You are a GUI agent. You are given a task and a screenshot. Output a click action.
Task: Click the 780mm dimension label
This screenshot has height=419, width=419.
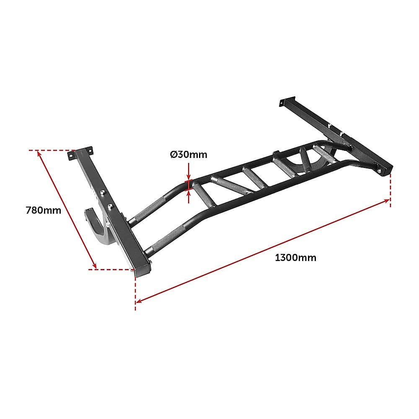click(x=44, y=210)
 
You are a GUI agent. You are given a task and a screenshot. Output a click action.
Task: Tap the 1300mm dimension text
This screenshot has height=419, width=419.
click(x=295, y=258)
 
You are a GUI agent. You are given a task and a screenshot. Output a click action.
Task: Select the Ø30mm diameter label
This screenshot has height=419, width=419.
click(x=189, y=155)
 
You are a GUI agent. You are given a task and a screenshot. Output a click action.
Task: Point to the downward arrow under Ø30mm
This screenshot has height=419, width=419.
click(x=189, y=176)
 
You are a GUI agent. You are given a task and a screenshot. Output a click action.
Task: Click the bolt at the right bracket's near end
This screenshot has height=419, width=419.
click(x=379, y=171)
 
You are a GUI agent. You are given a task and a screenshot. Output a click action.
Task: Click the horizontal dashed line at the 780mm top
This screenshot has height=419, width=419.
click(x=50, y=150)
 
